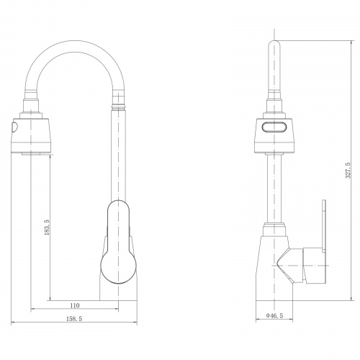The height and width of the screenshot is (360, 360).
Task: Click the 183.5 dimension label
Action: (47, 227)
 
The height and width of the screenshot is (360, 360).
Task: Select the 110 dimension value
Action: (75, 305)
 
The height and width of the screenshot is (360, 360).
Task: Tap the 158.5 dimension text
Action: (74, 319)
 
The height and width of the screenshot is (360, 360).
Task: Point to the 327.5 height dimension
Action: (348, 170)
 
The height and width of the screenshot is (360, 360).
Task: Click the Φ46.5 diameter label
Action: (274, 316)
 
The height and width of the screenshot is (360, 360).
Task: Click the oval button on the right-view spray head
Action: (274, 127)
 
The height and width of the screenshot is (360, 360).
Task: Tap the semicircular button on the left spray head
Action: (14, 127)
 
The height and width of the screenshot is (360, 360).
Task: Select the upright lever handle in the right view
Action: (324, 226)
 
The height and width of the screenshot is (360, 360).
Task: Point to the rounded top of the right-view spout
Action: (274, 43)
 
